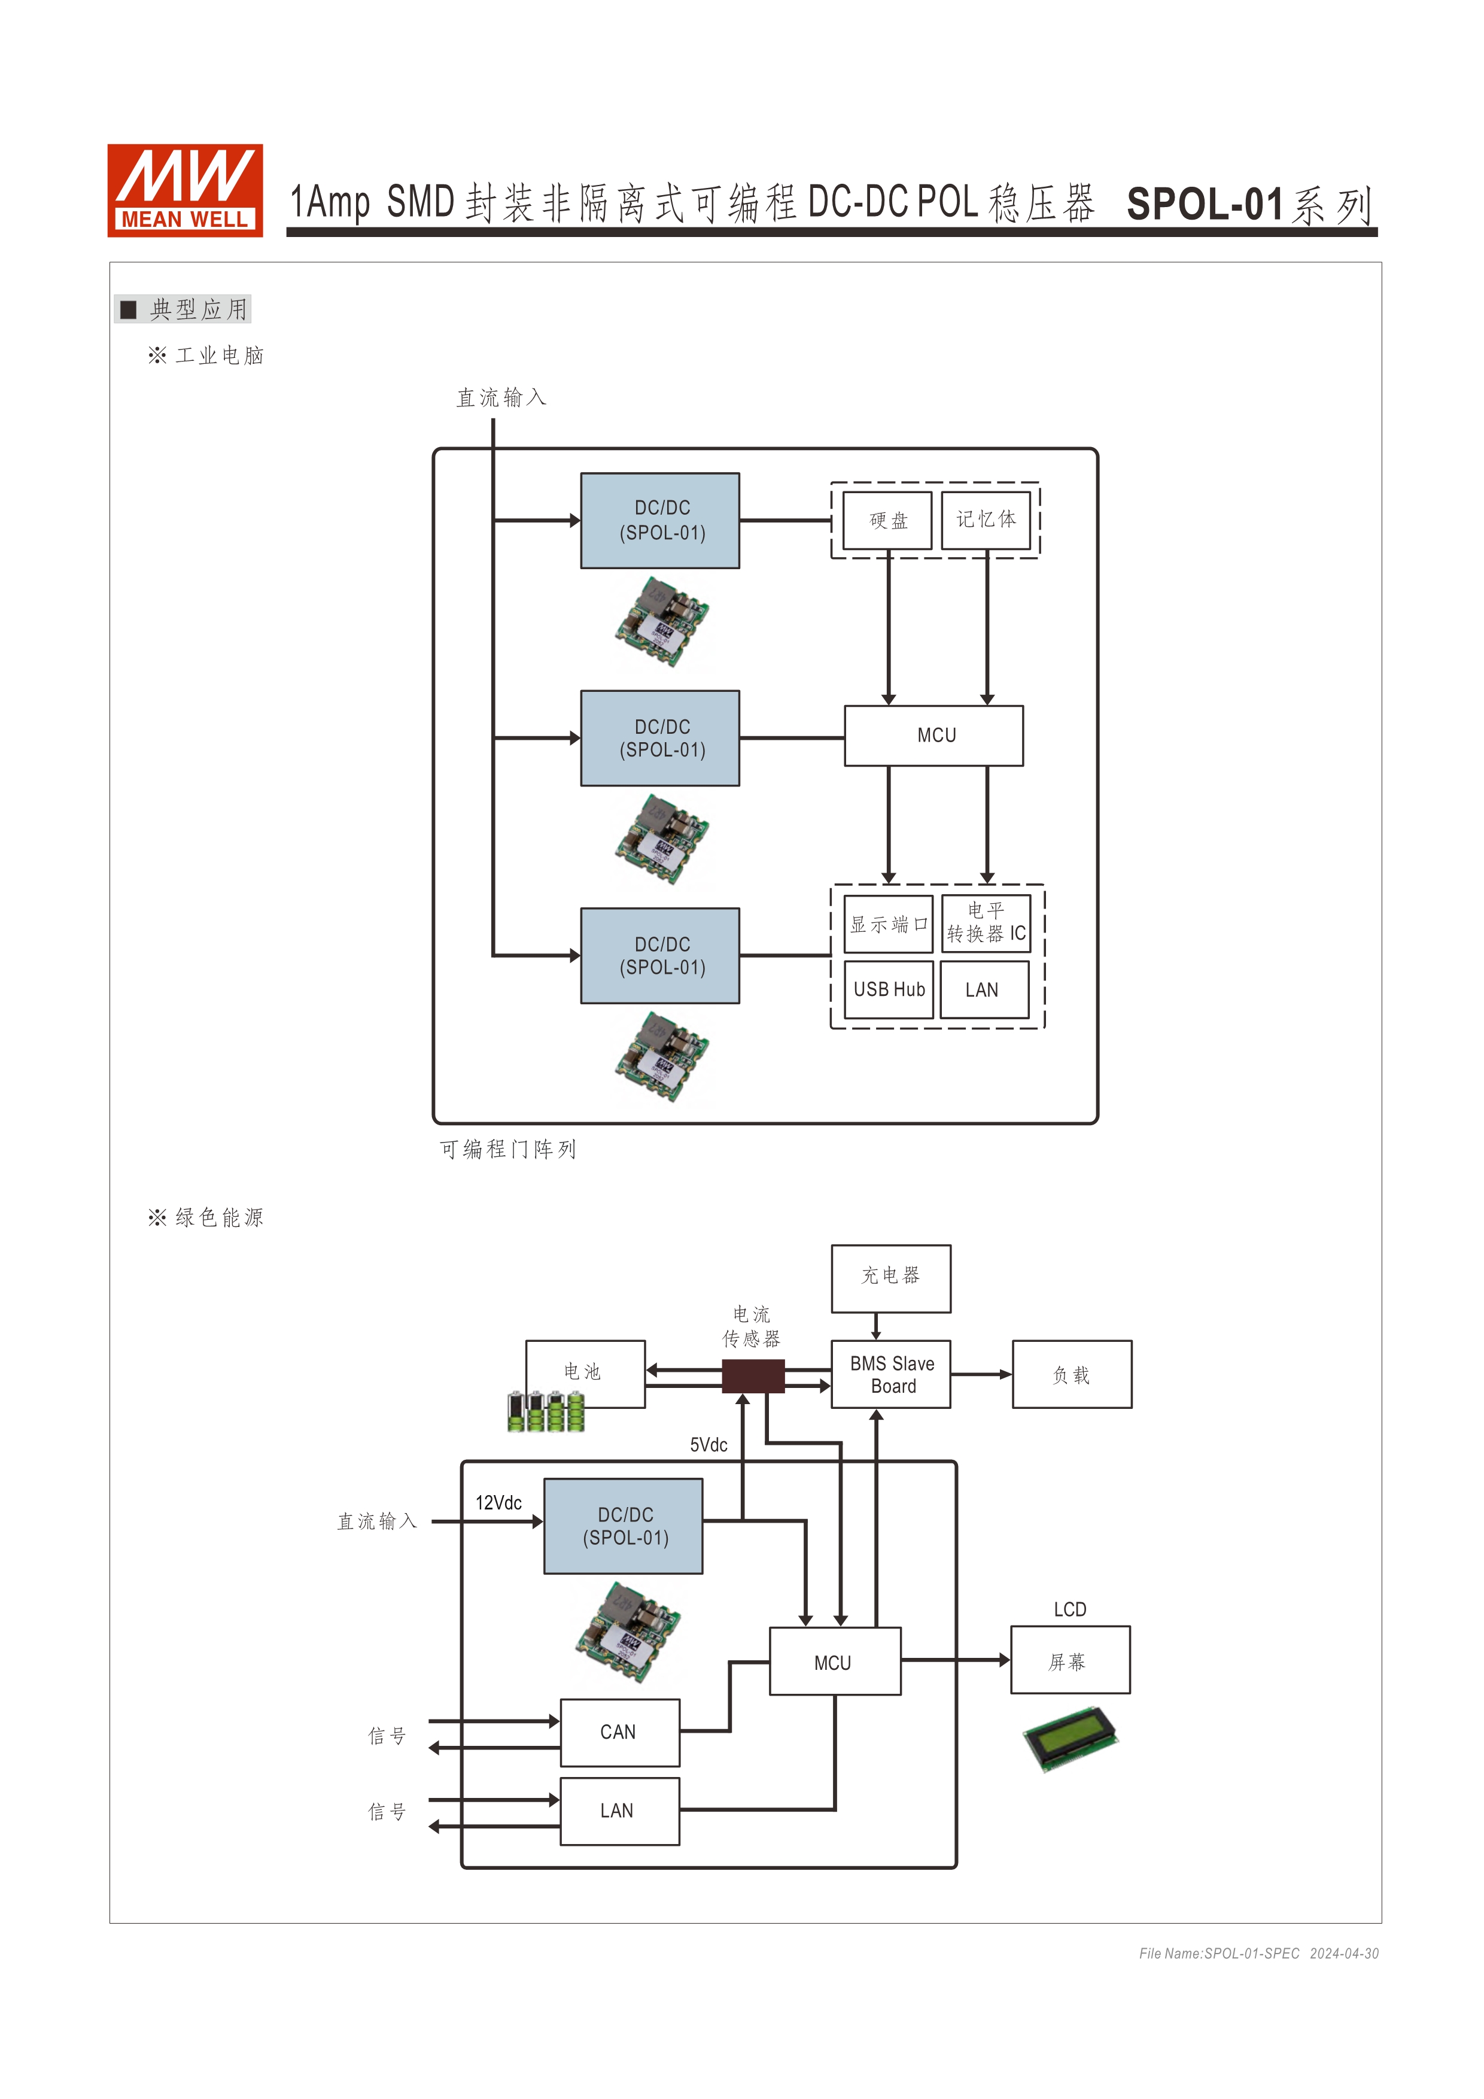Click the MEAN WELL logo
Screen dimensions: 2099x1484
[185, 190]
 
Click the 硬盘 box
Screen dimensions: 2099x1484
[887, 520]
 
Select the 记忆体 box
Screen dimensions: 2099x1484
[986, 520]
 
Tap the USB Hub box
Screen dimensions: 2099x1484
[888, 989]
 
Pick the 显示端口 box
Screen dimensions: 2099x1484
[887, 924]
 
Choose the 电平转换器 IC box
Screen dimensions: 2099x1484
[986, 924]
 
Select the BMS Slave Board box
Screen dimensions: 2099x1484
[891, 1374]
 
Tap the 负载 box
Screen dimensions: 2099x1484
[1072, 1374]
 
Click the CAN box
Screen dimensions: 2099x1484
[619, 1732]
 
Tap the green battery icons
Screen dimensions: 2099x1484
[546, 1411]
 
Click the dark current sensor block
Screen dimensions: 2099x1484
[753, 1376]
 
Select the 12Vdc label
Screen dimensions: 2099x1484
[498, 1503]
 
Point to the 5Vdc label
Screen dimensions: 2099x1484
[708, 1445]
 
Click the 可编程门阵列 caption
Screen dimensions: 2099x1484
[508, 1149]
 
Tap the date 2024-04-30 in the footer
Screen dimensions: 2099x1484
[1343, 1954]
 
